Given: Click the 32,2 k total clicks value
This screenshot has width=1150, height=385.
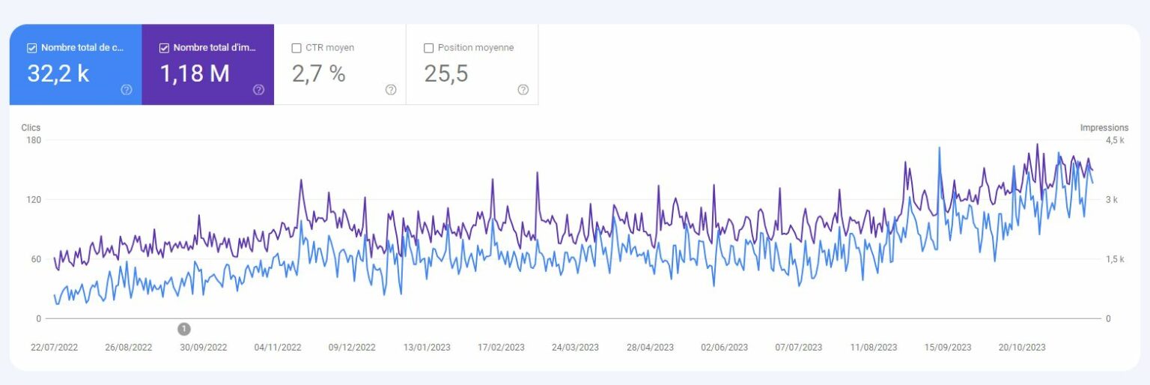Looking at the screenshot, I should (58, 73).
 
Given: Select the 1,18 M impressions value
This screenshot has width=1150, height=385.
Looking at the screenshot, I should (195, 73).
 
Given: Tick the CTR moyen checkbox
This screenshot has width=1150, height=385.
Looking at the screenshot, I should (296, 48).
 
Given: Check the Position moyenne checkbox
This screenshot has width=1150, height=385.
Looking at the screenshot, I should (429, 48).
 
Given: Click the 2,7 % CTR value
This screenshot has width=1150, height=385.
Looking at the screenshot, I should (318, 73).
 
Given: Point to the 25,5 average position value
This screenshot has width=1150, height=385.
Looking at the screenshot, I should (446, 73).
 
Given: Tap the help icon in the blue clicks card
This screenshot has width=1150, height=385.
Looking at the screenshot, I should (127, 90).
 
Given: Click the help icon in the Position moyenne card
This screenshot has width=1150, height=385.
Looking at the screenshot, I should (523, 90).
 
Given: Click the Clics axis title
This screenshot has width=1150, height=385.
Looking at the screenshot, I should (31, 128).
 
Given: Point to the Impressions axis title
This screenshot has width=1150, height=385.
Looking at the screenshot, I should (1104, 128).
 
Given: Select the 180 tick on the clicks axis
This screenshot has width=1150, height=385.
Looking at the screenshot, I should (34, 140).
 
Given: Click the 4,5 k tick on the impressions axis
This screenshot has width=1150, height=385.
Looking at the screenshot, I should (1115, 140).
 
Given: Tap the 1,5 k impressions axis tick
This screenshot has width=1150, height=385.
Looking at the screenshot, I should (1115, 259).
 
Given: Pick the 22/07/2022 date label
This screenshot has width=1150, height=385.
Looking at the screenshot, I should (54, 348).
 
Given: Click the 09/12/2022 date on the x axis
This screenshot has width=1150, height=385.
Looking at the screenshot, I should (352, 348).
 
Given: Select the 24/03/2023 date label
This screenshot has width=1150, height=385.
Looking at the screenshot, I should (575, 348).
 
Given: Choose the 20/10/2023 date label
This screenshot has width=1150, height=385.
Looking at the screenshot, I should (1022, 348).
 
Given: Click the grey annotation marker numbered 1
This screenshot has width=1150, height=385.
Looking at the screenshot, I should (184, 329).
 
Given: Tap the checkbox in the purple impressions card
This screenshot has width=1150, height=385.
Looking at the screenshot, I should (164, 48).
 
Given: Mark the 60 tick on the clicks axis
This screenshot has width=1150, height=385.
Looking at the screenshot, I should (36, 259).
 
